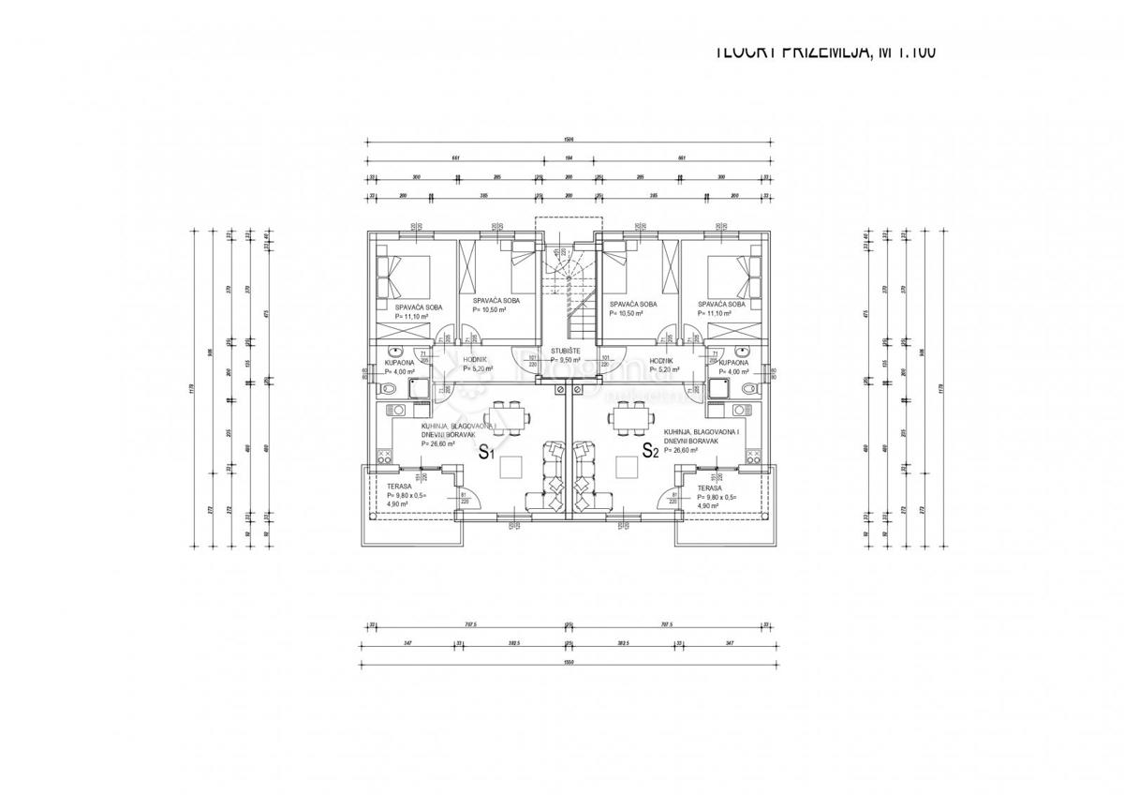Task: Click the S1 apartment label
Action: click(x=485, y=453)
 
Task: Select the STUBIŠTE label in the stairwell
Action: click(x=566, y=350)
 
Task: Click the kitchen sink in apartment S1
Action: click(x=397, y=409)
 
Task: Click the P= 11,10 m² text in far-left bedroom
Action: click(x=411, y=317)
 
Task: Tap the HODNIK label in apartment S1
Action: click(x=474, y=359)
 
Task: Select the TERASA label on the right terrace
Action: click(x=709, y=487)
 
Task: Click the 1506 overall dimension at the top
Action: click(x=568, y=140)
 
